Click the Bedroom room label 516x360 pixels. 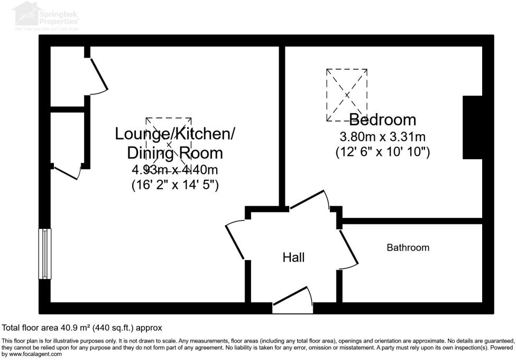(382, 119)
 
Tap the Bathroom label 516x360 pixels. (408, 247)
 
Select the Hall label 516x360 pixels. (293, 257)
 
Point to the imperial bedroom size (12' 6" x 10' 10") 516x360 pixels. (382, 152)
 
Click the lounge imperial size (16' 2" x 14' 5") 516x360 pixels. (175, 186)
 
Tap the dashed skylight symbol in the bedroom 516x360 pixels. (347, 95)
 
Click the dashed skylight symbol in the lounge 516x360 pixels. (169, 143)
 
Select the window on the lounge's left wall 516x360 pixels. (45, 254)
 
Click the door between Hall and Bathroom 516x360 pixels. (349, 247)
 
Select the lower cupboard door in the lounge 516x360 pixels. (67, 173)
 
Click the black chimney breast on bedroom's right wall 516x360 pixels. (472, 127)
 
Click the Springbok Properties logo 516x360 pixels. (47, 14)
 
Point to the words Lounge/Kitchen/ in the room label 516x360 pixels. (175, 134)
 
